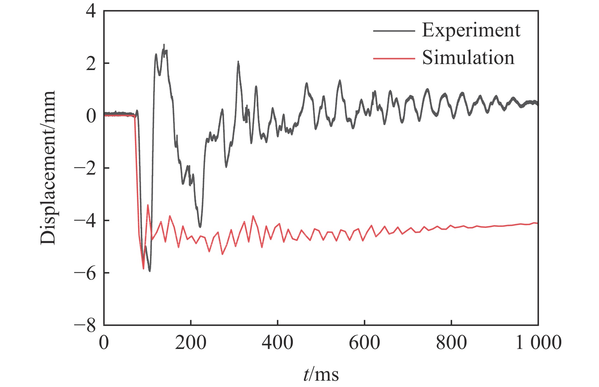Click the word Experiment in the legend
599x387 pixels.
pyautogui.click(x=471, y=30)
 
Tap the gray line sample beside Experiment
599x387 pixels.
pyautogui.click(x=394, y=31)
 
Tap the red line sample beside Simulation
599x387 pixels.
pyautogui.click(x=394, y=58)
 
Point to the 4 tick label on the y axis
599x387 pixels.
pyautogui.click(x=91, y=12)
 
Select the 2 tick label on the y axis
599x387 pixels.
pyautogui.click(x=91, y=64)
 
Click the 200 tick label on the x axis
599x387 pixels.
pyautogui.click(x=190, y=343)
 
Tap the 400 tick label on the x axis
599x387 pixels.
pyautogui.click(x=277, y=343)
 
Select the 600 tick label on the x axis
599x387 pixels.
pyautogui.click(x=364, y=343)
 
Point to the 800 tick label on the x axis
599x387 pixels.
pyautogui.click(x=451, y=343)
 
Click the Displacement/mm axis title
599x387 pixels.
pyautogui.click(x=48, y=168)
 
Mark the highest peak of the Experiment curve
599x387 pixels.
pyautogui.click(x=164, y=45)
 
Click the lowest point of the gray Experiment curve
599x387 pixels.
pyautogui.click(x=150, y=271)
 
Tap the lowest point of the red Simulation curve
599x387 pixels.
pyautogui.click(x=143, y=269)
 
